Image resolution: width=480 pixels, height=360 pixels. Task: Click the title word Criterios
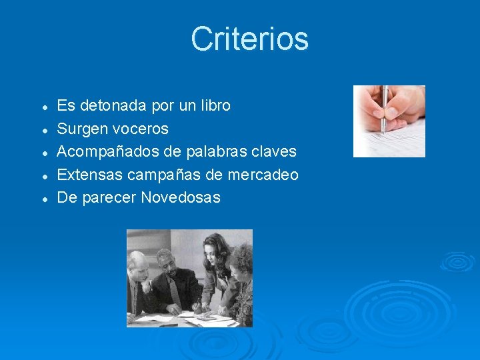[249, 39]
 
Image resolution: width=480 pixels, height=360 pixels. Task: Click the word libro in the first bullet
[215, 105]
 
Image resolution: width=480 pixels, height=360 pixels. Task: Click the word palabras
[207, 151]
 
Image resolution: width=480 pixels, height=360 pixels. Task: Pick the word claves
[273, 151]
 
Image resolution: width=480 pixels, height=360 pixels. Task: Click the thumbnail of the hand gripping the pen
[389, 121]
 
